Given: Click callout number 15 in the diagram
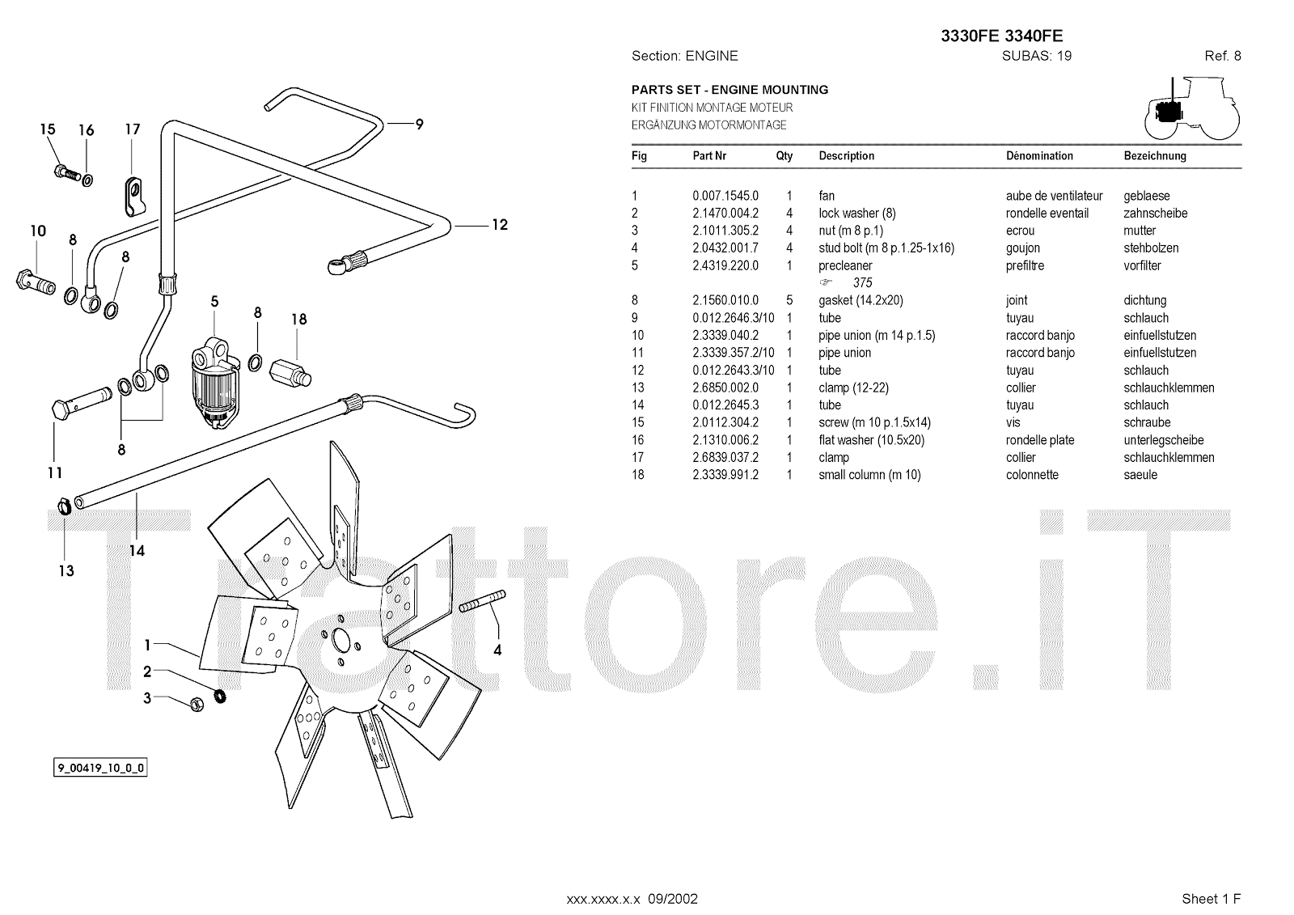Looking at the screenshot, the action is [48, 129].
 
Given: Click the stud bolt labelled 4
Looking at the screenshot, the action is [483, 603].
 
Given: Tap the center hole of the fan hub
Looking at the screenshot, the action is [341, 642].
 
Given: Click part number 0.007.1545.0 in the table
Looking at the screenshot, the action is [725, 196].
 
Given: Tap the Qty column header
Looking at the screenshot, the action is [784, 156].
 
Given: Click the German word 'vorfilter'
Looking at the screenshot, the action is [1142, 265].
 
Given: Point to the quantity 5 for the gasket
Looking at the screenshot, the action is [789, 300].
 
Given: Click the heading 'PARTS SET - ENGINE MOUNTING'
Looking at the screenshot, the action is [729, 90].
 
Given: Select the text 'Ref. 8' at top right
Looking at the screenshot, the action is [1222, 56].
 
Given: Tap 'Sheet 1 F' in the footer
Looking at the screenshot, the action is [1211, 899].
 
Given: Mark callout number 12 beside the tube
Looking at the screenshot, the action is [500, 224].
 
